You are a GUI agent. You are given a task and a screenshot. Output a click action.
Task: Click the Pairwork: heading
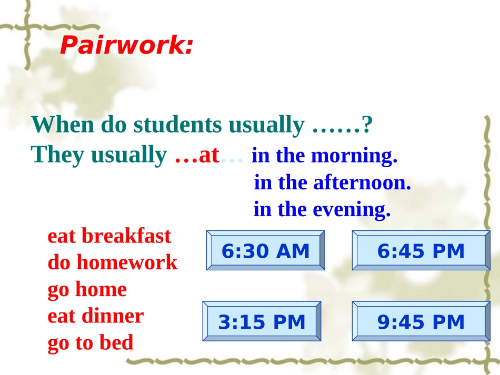[x=126, y=46]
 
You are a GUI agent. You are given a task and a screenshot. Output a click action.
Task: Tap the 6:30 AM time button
[x=265, y=251]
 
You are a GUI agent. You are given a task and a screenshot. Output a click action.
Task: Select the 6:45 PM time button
[x=421, y=251]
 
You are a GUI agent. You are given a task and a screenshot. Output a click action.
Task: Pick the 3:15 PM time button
[x=262, y=321]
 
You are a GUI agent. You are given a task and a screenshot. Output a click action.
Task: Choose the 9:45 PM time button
[x=421, y=321]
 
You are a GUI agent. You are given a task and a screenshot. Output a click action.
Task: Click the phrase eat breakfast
[x=109, y=236]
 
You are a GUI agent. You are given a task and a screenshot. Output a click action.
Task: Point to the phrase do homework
[x=112, y=262]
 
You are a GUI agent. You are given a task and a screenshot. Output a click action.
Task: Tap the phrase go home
[x=87, y=289]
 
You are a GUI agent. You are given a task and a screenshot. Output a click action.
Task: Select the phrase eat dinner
[x=95, y=316]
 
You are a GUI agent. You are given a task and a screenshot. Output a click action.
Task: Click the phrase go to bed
[x=91, y=343]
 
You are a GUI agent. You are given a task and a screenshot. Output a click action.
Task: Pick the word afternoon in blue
[x=362, y=183]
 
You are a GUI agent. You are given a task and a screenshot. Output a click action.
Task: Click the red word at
[x=209, y=155]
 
